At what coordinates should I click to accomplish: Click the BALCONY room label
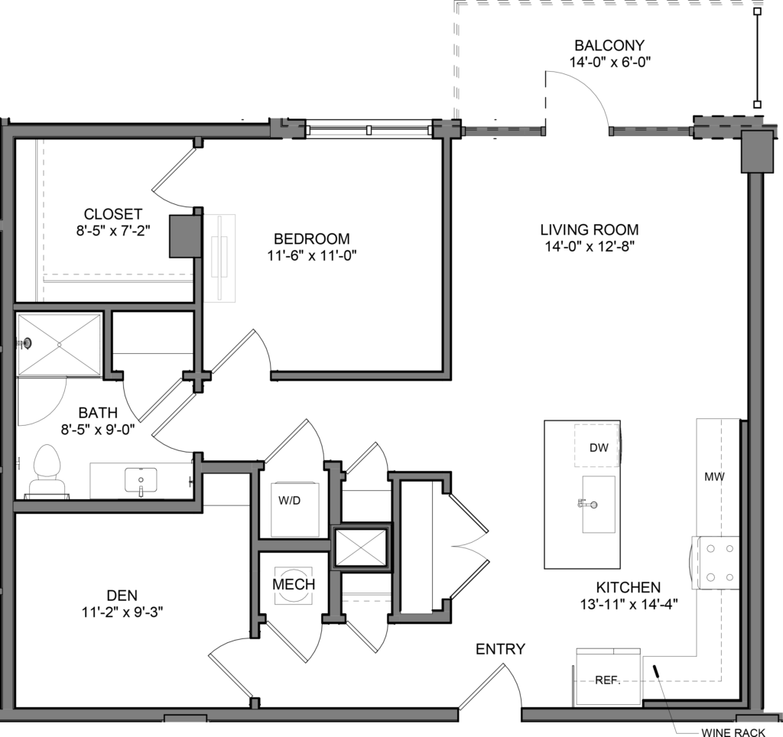pyautogui.click(x=609, y=45)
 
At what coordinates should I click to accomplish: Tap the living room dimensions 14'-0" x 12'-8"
pyautogui.click(x=589, y=246)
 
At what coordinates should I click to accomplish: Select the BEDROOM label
pyautogui.click(x=311, y=239)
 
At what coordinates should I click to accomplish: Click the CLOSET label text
pyautogui.click(x=113, y=214)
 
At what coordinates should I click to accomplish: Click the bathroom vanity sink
pyautogui.click(x=141, y=480)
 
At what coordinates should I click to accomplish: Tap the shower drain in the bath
pyautogui.click(x=28, y=343)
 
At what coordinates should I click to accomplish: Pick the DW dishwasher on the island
pyautogui.click(x=598, y=447)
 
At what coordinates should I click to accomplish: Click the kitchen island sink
pyautogui.click(x=598, y=503)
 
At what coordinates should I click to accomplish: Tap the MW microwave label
pyautogui.click(x=714, y=477)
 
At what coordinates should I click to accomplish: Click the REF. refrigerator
pyautogui.click(x=608, y=678)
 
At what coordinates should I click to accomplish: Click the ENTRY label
pyautogui.click(x=500, y=649)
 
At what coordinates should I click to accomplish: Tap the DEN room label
pyautogui.click(x=123, y=595)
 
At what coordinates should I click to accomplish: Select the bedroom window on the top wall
pyautogui.click(x=369, y=128)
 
